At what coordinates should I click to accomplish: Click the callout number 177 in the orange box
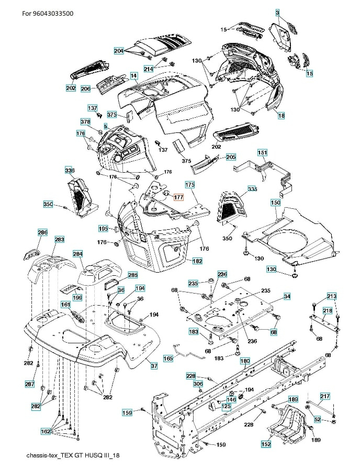point(178,197)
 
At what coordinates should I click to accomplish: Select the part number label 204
point(119,51)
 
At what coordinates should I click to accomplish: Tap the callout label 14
point(133,76)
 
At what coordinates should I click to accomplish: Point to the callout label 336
point(69,170)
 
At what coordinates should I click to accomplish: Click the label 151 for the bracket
point(263,153)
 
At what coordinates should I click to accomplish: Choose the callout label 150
point(275,202)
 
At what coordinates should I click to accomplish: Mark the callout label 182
point(197,261)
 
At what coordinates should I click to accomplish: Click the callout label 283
point(60,239)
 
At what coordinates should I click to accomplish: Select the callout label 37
point(154,366)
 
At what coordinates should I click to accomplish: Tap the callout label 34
point(287,297)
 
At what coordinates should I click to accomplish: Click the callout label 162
point(46,431)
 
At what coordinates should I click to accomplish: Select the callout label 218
point(327,311)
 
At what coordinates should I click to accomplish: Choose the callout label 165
point(168,358)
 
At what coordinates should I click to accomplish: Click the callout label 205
point(231,157)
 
